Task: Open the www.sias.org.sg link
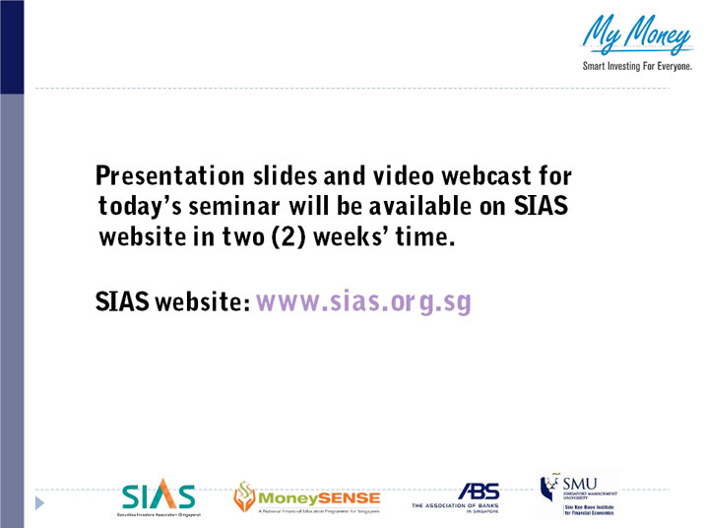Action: pos(364,301)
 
